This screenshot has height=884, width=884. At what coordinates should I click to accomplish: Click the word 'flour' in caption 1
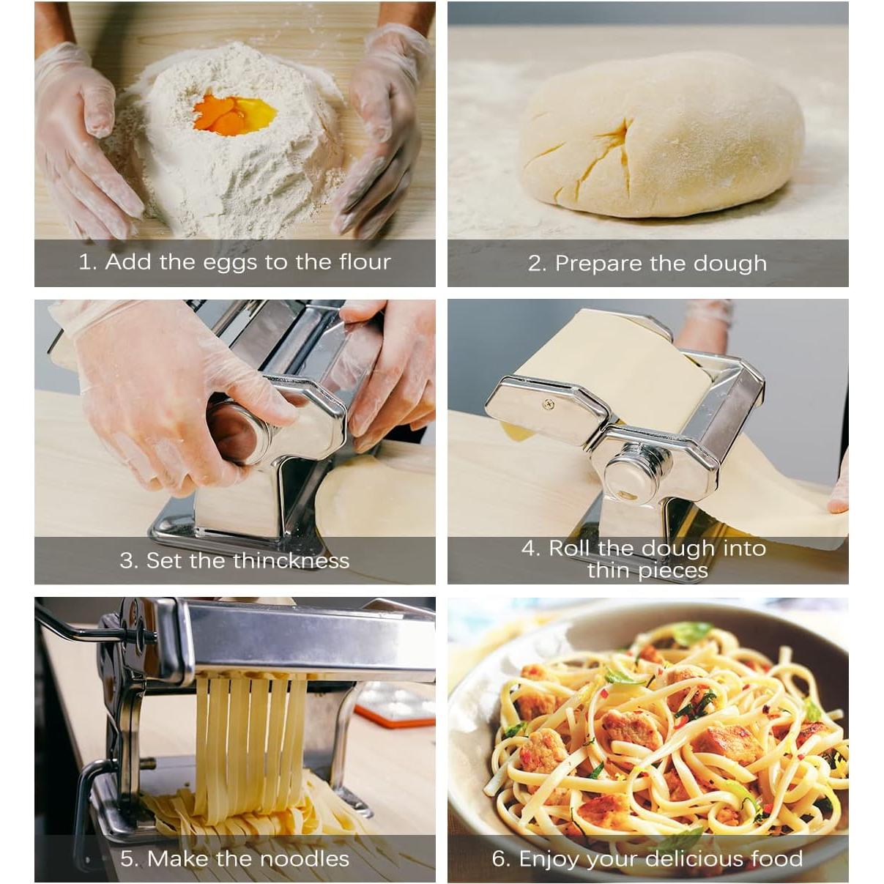point(365,261)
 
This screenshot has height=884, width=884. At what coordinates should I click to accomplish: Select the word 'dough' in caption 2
point(731,264)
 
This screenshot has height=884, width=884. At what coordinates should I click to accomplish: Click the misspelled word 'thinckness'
point(297,561)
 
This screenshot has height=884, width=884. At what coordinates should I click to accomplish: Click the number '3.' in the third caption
point(129,561)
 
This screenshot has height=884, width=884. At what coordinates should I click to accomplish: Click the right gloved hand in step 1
point(381,132)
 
